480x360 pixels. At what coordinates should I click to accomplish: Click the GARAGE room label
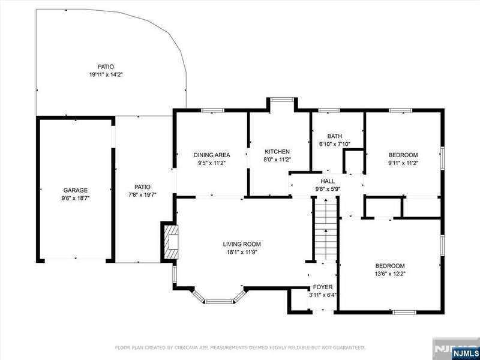tap(76, 190)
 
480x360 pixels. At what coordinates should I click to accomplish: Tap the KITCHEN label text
tap(277, 152)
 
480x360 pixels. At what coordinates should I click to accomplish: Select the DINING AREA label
tap(212, 155)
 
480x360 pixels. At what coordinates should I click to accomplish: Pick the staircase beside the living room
tap(326, 229)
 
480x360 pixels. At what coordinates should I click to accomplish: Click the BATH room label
tap(335, 136)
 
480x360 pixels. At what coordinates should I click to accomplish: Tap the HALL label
tap(328, 181)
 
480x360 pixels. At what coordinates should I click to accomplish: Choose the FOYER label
tap(323, 287)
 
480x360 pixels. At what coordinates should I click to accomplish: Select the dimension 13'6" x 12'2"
tap(390, 274)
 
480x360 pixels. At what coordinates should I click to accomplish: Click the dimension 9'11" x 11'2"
tap(403, 163)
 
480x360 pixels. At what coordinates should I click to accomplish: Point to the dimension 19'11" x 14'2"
tap(106, 74)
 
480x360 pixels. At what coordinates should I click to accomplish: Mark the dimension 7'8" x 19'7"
tap(142, 194)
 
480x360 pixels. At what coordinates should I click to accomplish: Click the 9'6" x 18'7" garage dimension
tap(76, 198)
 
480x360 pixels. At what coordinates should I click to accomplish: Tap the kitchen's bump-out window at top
tap(282, 99)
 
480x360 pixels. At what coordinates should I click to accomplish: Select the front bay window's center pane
tap(219, 302)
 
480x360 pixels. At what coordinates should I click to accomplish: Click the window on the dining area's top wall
tap(213, 110)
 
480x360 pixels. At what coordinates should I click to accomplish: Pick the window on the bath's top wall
tap(329, 110)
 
